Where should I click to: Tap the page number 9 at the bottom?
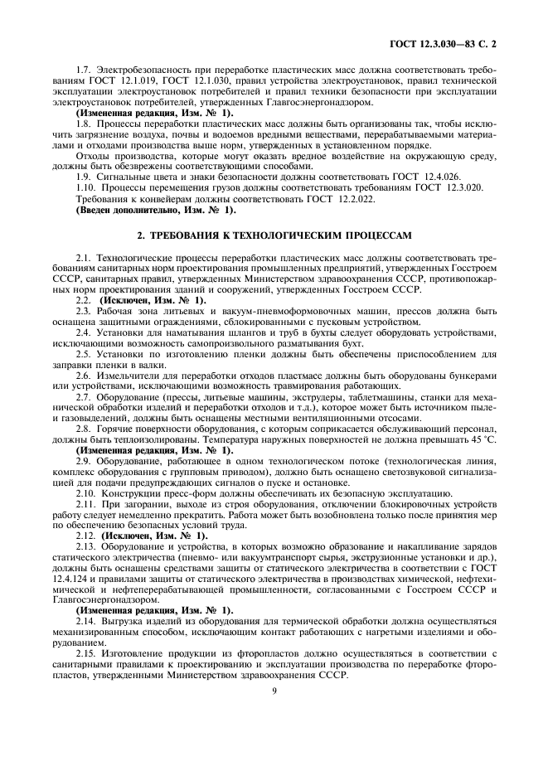pos(274,688)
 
